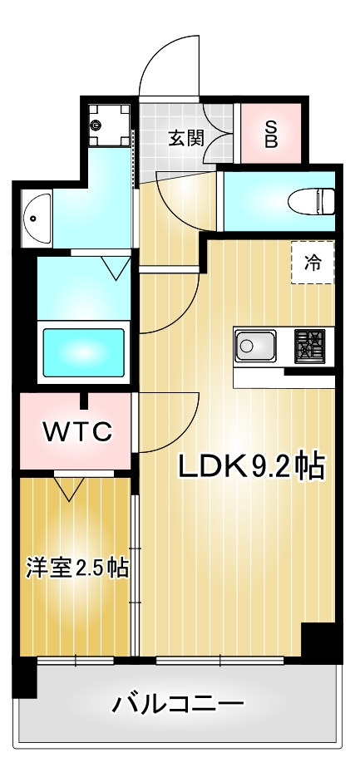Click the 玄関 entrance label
click(186, 138)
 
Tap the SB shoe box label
click(271, 133)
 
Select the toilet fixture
click(311, 201)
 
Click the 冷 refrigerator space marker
click(313, 263)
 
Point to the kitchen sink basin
click(254, 346)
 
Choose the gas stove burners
click(309, 345)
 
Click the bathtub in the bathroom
click(83, 352)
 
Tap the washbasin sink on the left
click(37, 219)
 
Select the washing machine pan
click(109, 125)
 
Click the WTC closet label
click(77, 432)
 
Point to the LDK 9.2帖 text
click(252, 466)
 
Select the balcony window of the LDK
click(219, 661)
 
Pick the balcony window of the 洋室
click(76, 661)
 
